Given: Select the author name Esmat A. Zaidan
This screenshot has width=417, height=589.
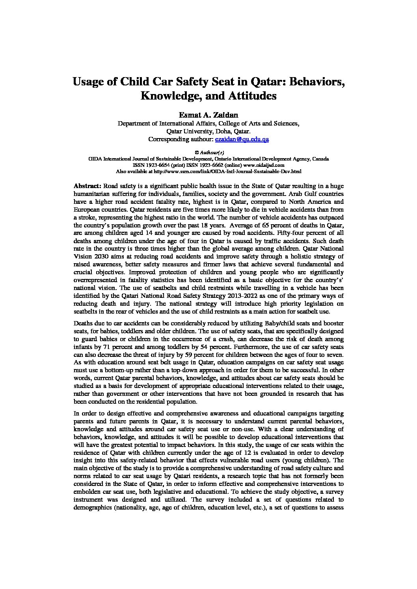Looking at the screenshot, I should (x=208, y=115).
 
